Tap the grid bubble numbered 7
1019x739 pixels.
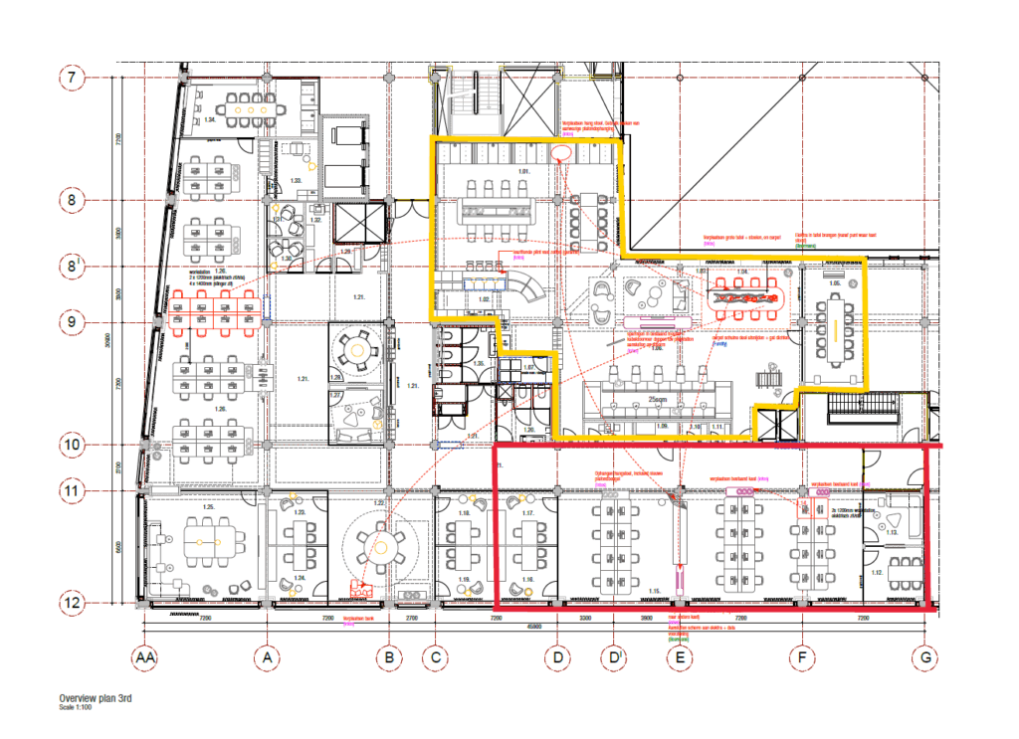[72, 77]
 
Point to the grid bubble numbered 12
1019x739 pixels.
[72, 603]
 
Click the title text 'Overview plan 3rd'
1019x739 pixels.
[95, 699]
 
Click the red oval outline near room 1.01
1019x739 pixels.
[561, 152]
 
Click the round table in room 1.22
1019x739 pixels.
[379, 544]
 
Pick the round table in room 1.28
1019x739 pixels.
[354, 349]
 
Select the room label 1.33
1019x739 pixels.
[296, 179]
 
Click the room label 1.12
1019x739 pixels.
[877, 573]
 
